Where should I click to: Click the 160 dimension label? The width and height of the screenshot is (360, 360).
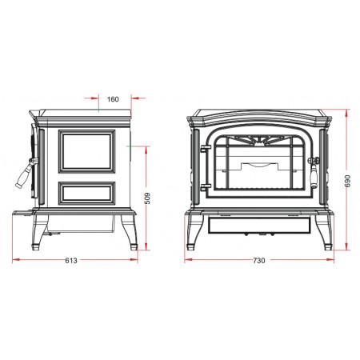click(x=113, y=99)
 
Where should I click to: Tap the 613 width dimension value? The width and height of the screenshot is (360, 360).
click(x=71, y=260)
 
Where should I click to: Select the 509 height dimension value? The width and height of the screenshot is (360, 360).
click(x=147, y=198)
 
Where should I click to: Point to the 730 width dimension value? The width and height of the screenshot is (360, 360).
click(x=259, y=260)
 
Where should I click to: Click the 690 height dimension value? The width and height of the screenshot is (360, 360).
click(x=347, y=181)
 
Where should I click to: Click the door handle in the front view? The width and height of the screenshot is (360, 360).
click(x=314, y=170)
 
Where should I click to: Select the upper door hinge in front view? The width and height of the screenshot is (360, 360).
click(x=206, y=148)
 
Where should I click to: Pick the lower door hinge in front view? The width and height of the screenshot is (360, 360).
click(x=206, y=186)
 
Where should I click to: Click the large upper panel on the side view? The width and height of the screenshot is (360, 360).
click(x=87, y=151)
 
